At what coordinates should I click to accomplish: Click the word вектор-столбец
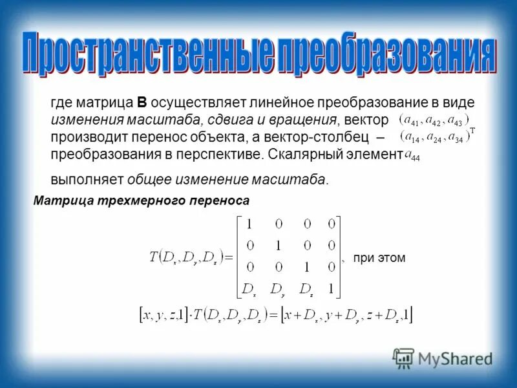point(319,137)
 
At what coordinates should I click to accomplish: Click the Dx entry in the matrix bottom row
point(249,288)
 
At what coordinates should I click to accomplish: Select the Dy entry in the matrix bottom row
point(278,288)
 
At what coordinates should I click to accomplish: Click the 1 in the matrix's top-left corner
point(249,224)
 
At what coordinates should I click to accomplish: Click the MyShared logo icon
point(403,358)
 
